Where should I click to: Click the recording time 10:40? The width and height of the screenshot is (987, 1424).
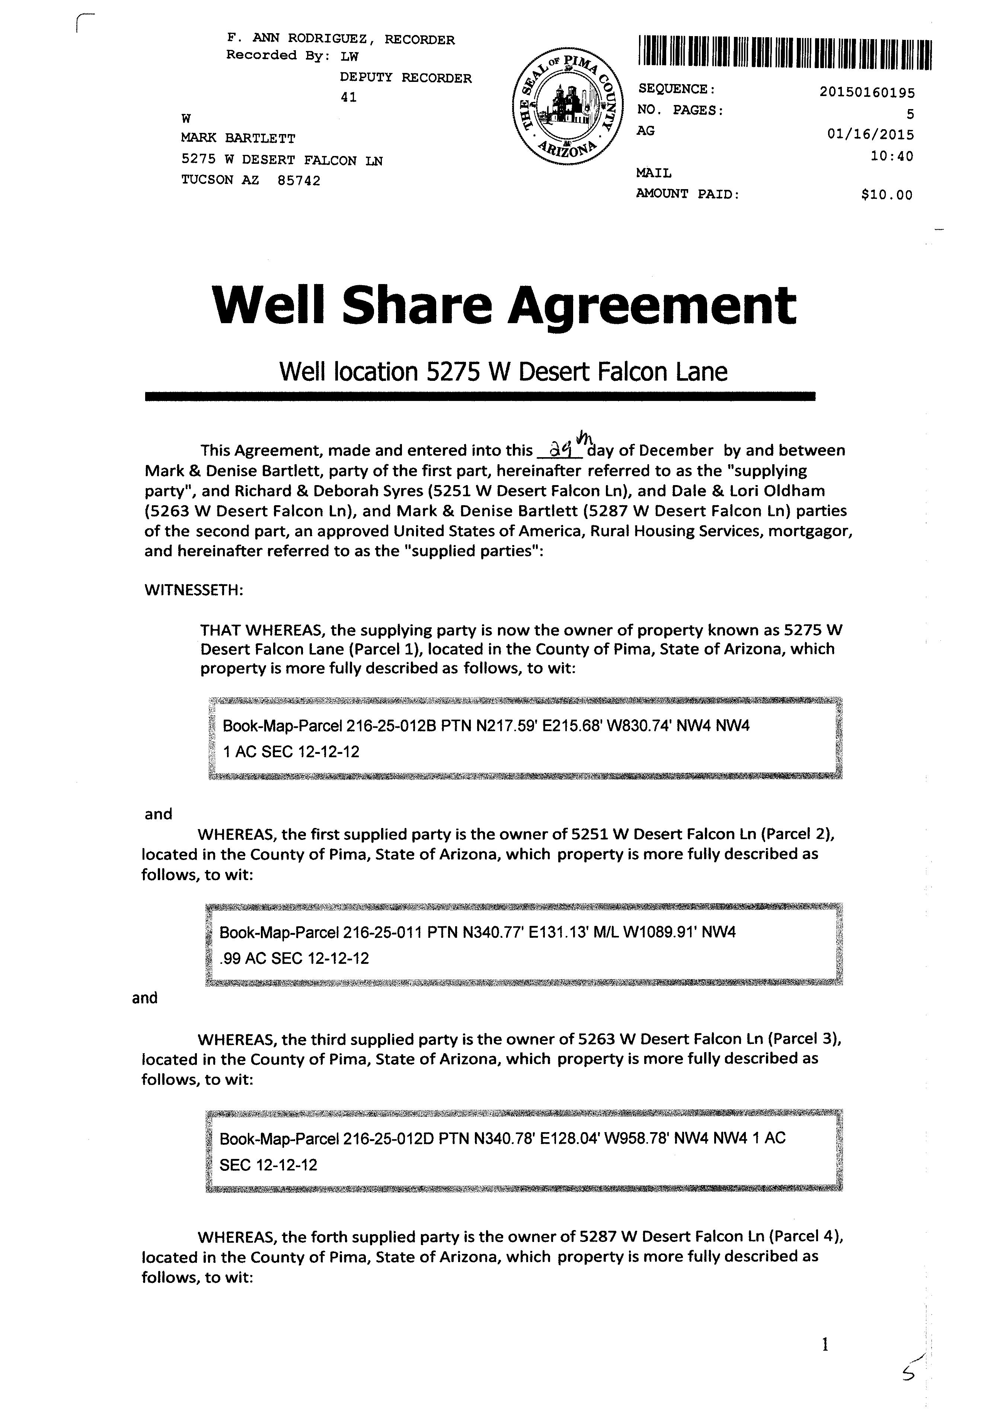coord(892,156)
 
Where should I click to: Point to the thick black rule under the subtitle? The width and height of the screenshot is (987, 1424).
coord(480,396)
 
